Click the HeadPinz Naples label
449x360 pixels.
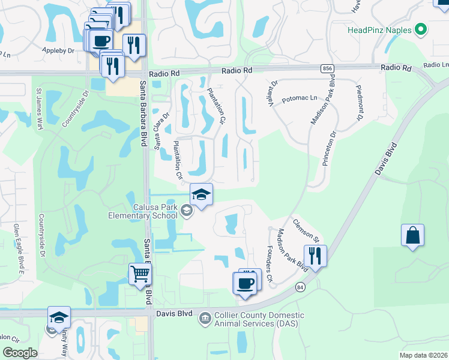[379, 29]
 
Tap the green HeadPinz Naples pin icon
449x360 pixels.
[420, 29]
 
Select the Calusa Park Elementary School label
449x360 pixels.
[143, 211]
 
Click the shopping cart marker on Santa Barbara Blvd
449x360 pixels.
[140, 275]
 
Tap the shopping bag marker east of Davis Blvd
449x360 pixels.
[413, 235]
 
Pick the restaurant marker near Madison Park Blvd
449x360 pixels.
[315, 256]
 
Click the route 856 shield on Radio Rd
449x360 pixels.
[327, 69]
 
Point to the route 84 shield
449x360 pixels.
[300, 288]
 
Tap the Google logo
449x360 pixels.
[20, 353]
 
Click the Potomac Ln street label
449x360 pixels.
[298, 97]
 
